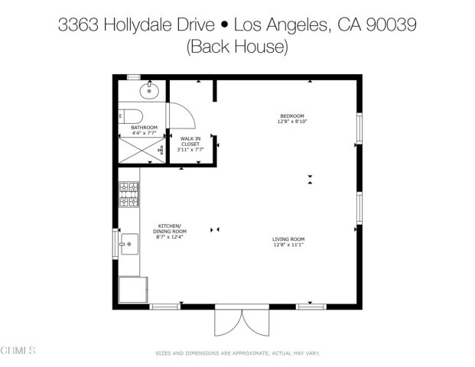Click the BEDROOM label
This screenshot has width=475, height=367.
(x=291, y=115)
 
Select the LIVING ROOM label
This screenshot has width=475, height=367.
(x=288, y=240)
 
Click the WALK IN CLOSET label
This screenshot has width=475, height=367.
(x=190, y=141)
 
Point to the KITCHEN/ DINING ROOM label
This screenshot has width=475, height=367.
(x=169, y=229)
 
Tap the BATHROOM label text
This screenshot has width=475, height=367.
(x=144, y=128)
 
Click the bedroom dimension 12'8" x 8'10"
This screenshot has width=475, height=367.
(x=291, y=122)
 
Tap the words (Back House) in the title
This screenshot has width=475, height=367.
(x=237, y=47)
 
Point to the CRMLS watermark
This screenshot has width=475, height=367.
(x=19, y=351)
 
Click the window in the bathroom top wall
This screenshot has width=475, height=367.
(x=134, y=76)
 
